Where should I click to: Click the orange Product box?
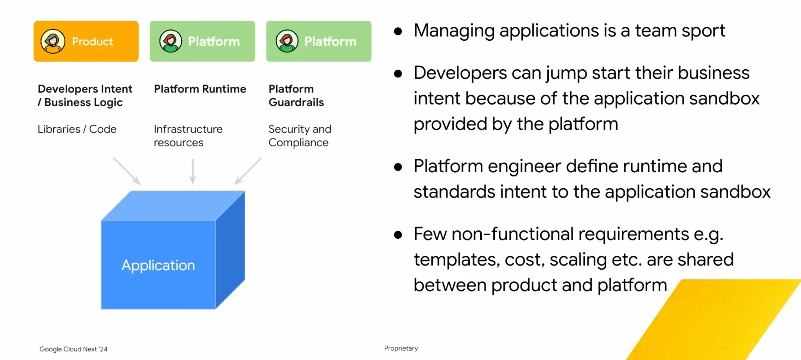(x=86, y=41)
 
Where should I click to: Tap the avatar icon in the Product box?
(x=53, y=41)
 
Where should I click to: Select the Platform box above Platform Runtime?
(x=202, y=41)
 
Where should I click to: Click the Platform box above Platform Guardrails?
(x=319, y=41)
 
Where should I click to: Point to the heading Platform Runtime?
(x=200, y=89)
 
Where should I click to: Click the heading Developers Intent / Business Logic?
(x=85, y=95)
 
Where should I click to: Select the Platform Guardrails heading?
(x=296, y=95)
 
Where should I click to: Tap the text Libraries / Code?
(x=77, y=129)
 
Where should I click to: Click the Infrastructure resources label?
(x=188, y=136)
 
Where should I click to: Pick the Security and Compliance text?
(x=300, y=136)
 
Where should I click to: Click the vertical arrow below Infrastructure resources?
(x=193, y=171)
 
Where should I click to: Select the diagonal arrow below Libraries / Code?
(x=127, y=171)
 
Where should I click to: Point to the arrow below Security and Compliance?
(x=248, y=171)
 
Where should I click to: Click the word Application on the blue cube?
(x=158, y=265)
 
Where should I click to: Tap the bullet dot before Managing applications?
(x=398, y=31)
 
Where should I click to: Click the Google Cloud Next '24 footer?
(x=74, y=349)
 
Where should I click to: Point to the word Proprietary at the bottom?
(x=401, y=348)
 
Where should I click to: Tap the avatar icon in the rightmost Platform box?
(x=287, y=41)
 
